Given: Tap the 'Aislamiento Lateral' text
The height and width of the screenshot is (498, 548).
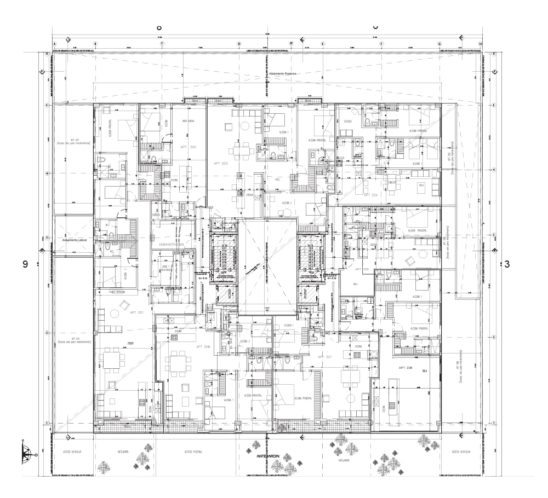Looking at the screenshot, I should point(75,240).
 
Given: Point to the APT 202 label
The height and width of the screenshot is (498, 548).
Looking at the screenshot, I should point(187,147).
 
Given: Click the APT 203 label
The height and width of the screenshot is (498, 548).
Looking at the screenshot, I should point(215,163).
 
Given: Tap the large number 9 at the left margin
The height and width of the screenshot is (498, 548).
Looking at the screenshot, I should point(25,264).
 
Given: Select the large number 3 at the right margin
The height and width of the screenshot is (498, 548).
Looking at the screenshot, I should point(507,264).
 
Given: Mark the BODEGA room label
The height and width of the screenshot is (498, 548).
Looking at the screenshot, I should point(156,215).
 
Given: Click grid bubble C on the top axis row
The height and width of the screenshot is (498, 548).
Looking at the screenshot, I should point(162,44).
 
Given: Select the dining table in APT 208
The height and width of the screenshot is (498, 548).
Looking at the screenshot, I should point(177,363).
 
